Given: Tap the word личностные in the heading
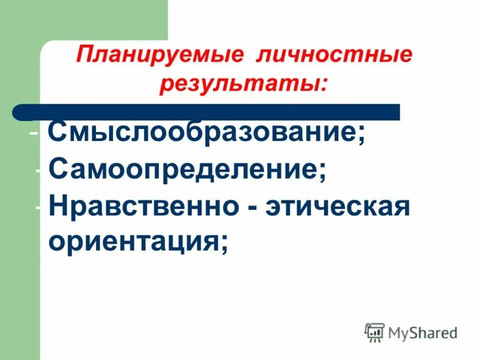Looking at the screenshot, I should tap(334, 57).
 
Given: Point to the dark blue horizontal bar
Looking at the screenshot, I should tap(207, 112).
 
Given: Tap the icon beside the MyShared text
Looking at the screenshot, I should tap(374, 332).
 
